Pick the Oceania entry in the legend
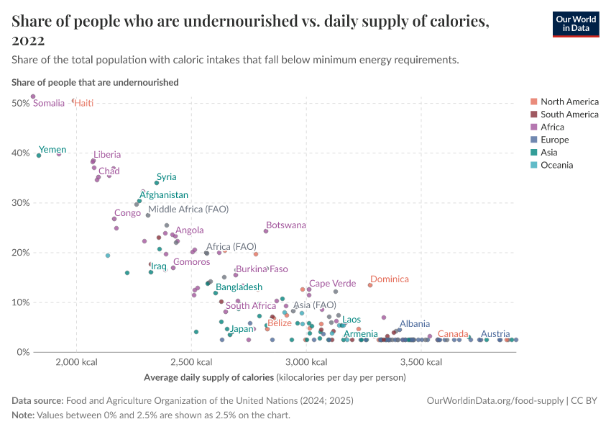pyautogui.click(x=558, y=166)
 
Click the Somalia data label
pyautogui.click(x=49, y=104)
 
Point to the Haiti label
pyautogui.click(x=83, y=104)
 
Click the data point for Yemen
pyautogui.click(x=39, y=155)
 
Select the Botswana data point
pyautogui.click(x=266, y=231)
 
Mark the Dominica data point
pyautogui.click(x=370, y=285)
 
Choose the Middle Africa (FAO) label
pyautogui.click(x=188, y=210)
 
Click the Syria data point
pyautogui.click(x=157, y=183)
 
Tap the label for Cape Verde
pyautogui.click(x=332, y=284)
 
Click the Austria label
pyautogui.click(x=495, y=334)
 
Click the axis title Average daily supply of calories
pyautogui.click(x=208, y=377)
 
